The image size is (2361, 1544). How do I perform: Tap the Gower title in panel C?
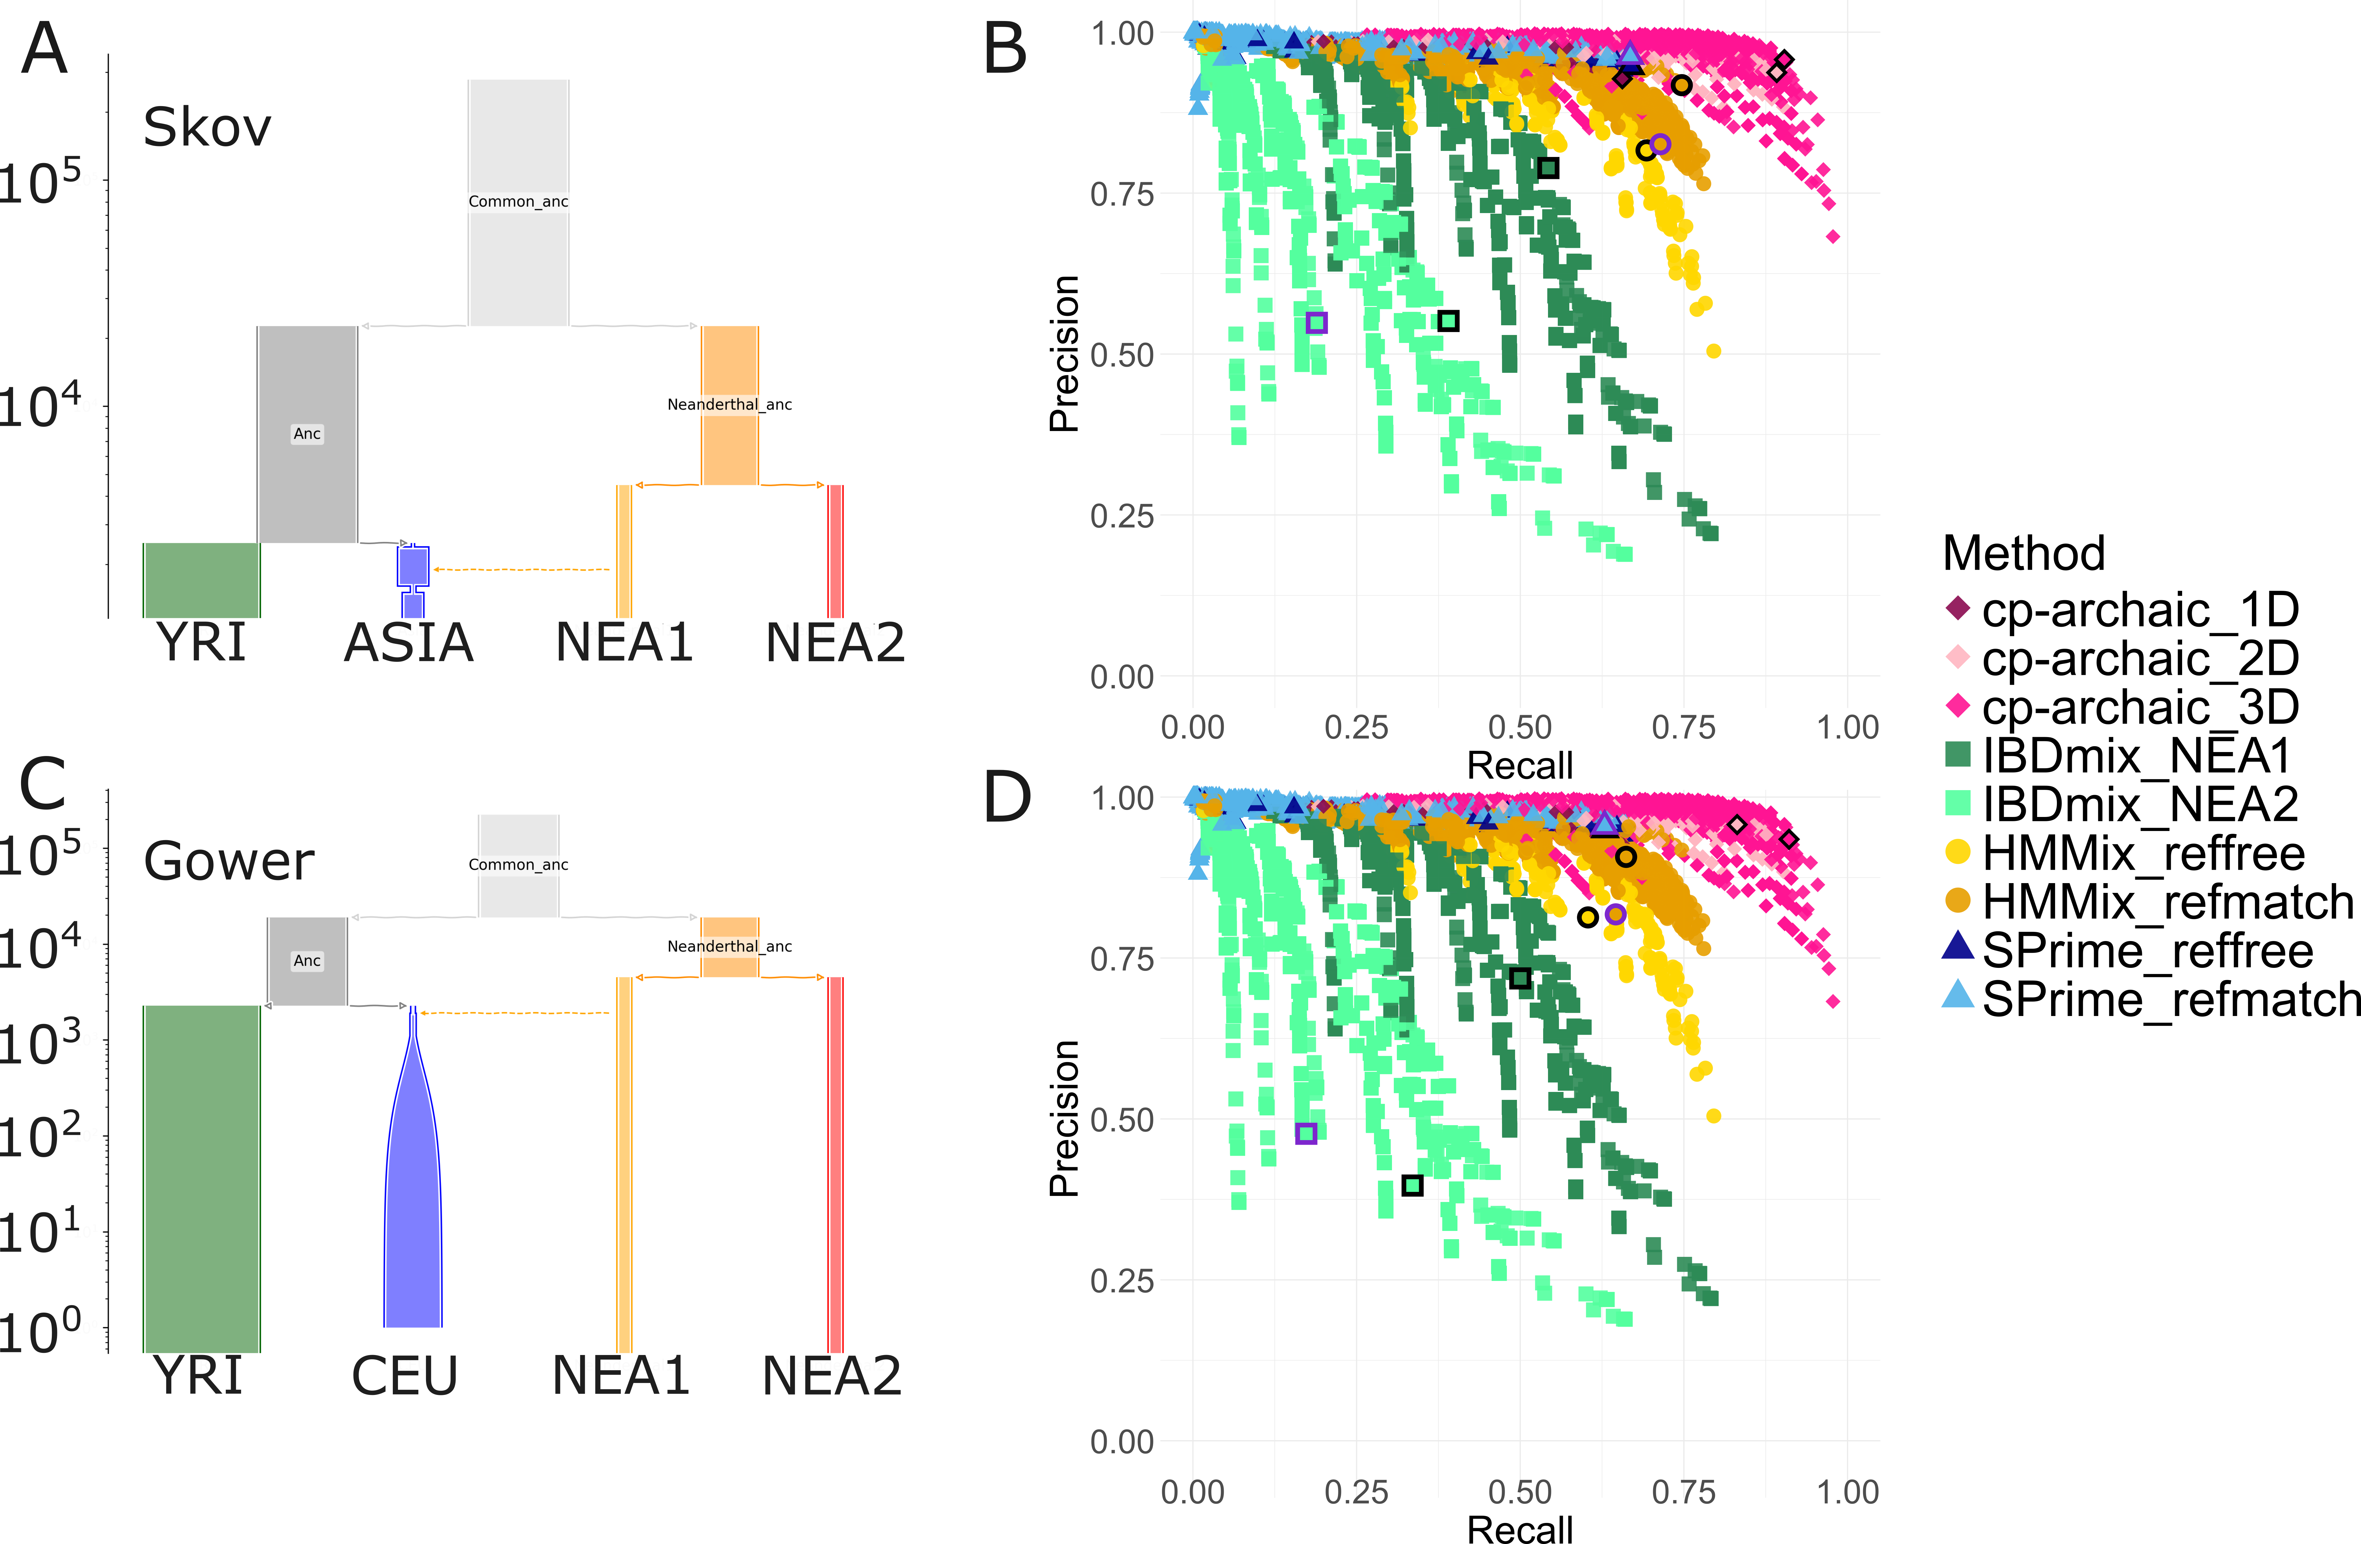tap(228, 860)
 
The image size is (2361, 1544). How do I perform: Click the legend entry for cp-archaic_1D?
tap(2123, 609)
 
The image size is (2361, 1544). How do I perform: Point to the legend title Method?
tap(2024, 553)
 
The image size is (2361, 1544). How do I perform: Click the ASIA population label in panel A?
tap(409, 643)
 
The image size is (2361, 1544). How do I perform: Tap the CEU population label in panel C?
tap(405, 1376)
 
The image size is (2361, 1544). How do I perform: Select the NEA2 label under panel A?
tap(835, 643)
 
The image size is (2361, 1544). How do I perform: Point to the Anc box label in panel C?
tap(307, 961)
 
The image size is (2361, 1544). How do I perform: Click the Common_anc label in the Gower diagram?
tap(518, 864)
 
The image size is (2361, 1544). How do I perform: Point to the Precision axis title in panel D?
tap(1063, 1118)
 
